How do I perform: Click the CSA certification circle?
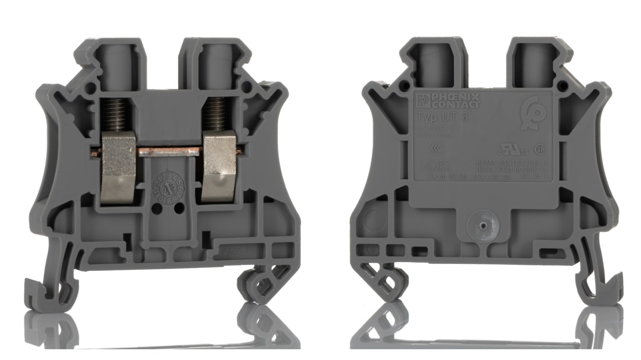pyautogui.click(x=539, y=149)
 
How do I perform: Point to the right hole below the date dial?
pyautogui.click(x=179, y=208)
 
